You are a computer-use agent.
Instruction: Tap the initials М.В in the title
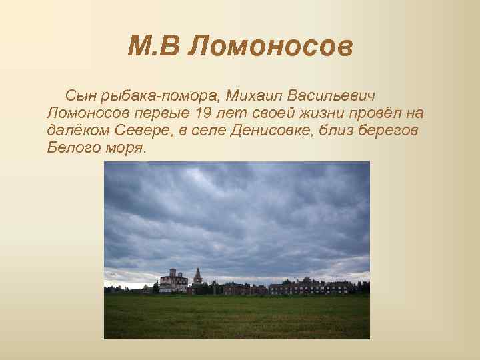pos(154,47)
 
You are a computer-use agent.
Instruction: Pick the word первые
pos(165,115)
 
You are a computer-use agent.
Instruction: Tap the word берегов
pos(392,131)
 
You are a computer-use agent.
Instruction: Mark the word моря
pos(125,147)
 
